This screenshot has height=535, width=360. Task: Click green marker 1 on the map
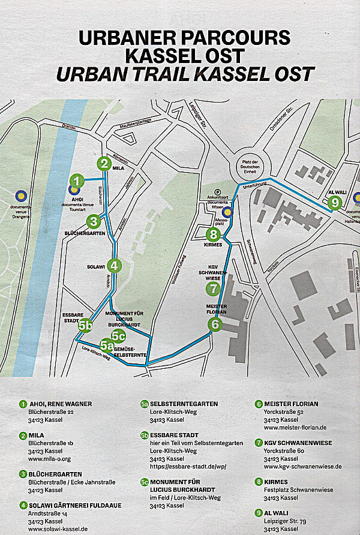coord(77,180)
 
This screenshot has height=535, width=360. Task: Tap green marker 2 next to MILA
coord(105,163)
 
